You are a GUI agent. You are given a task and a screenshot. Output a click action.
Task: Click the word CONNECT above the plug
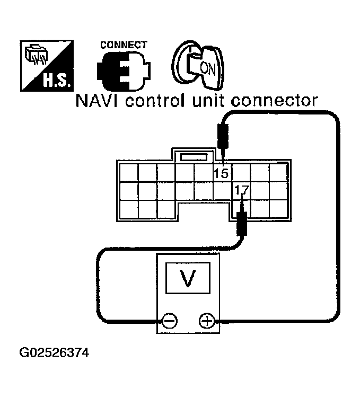click(x=124, y=45)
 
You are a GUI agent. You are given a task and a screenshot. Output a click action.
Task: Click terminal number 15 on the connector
click(x=221, y=173)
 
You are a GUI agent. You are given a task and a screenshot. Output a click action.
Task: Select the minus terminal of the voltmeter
click(x=170, y=321)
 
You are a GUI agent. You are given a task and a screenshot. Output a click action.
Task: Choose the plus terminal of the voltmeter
click(x=206, y=321)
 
